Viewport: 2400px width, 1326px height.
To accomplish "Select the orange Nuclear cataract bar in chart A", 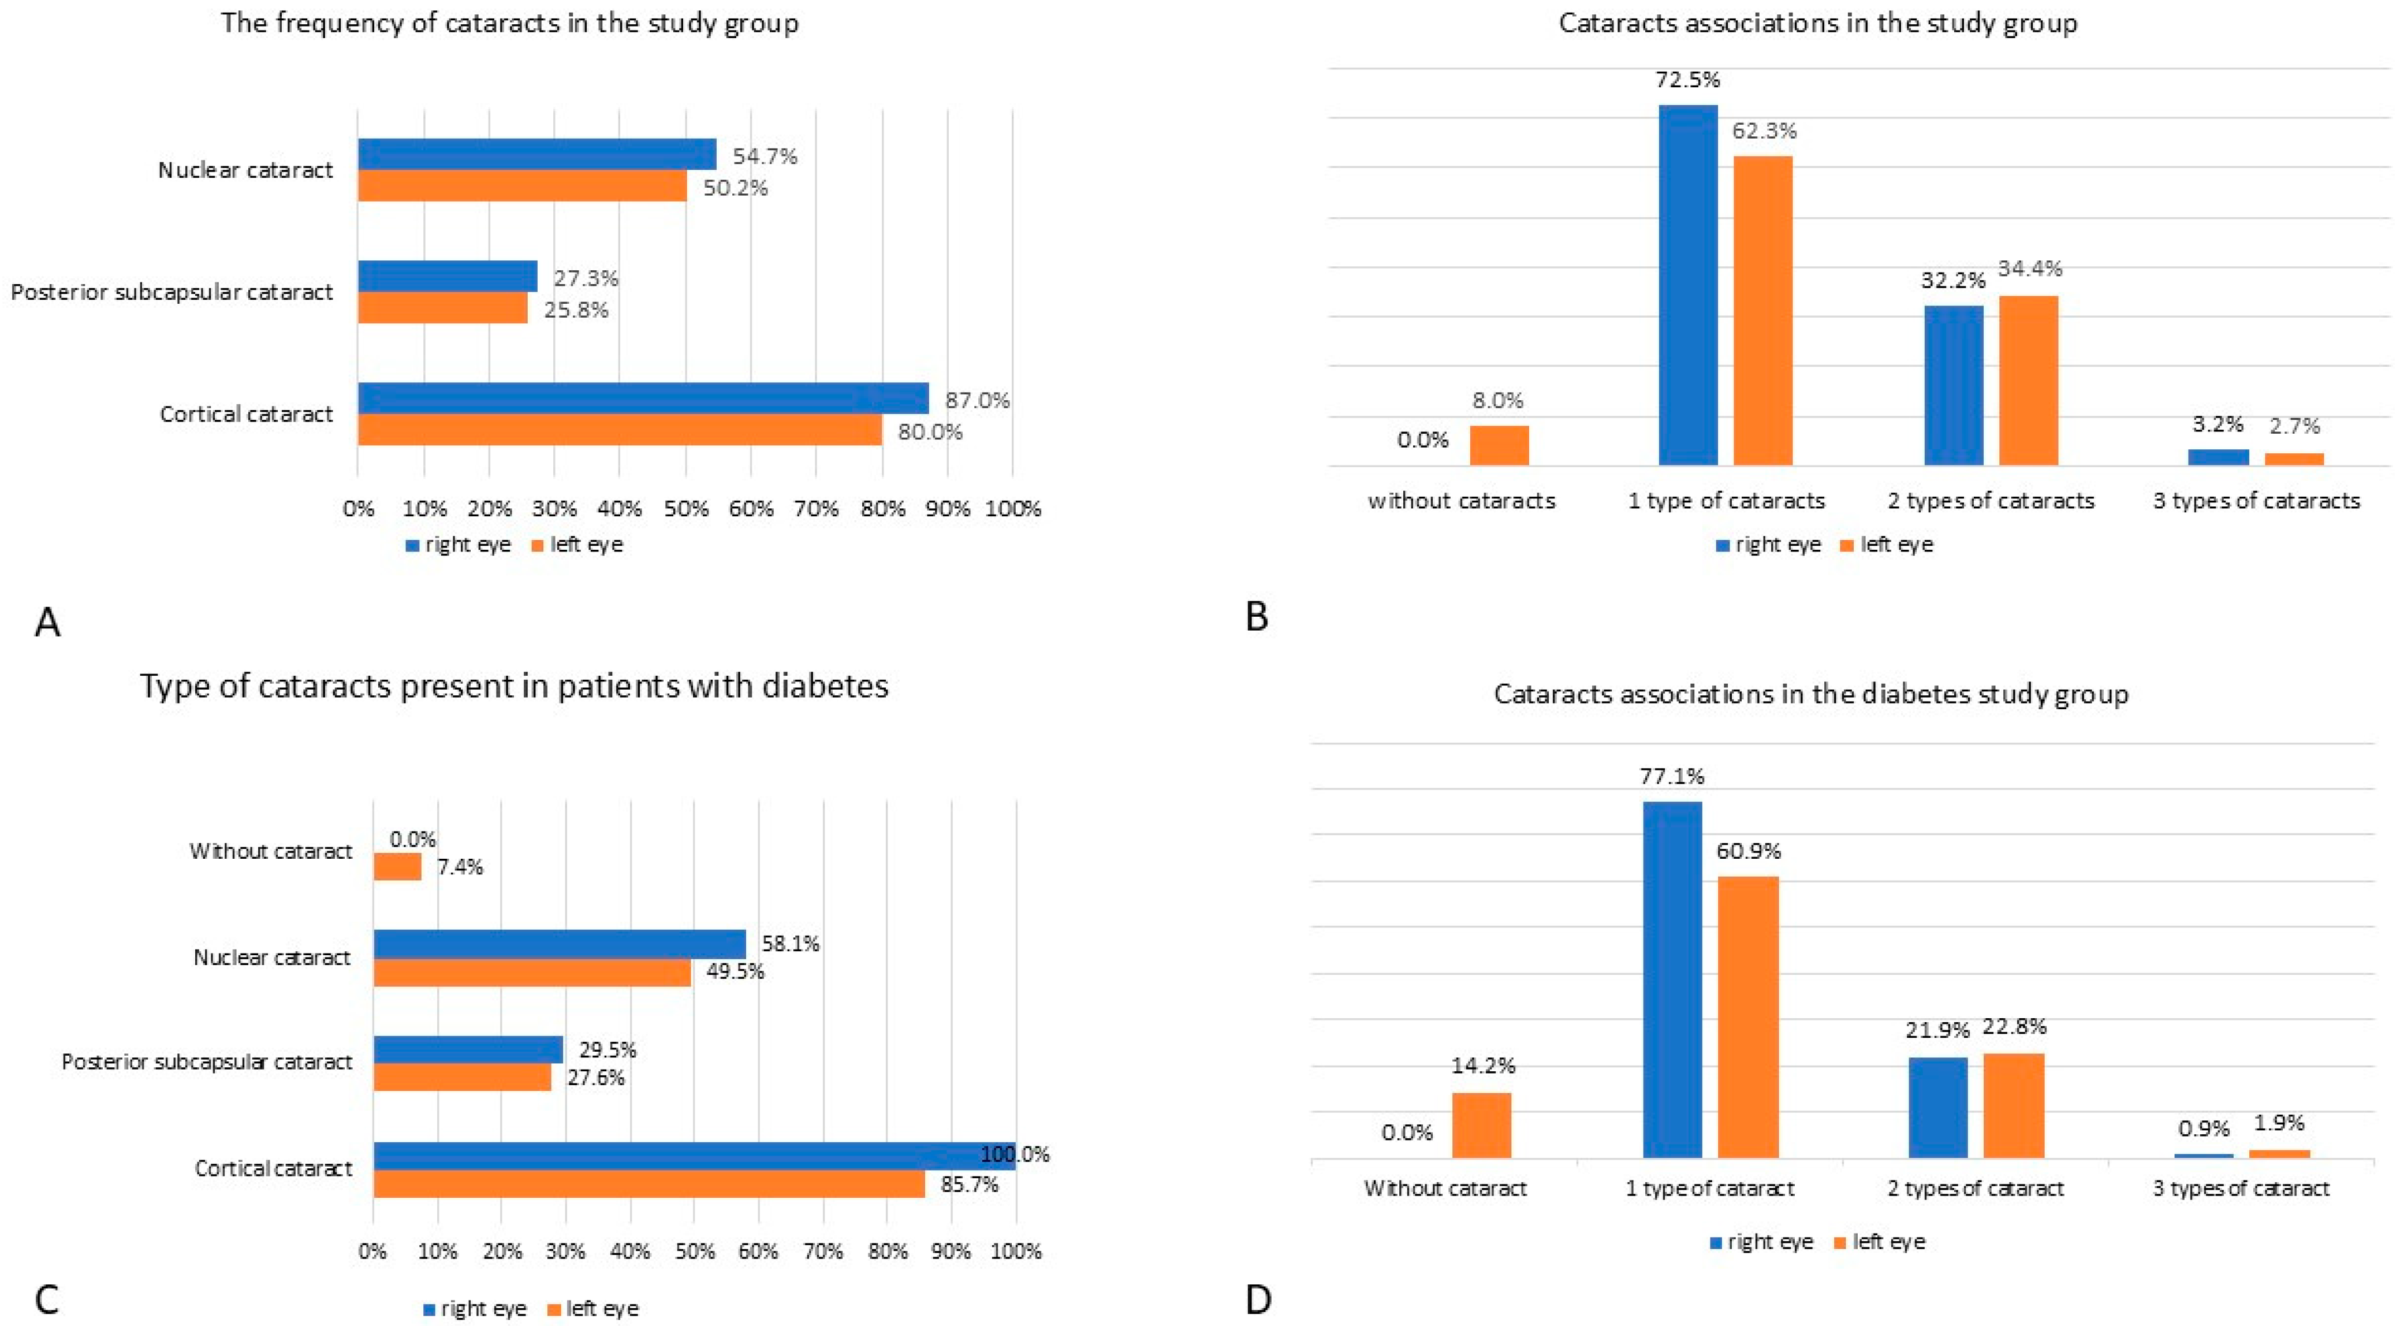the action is click(x=523, y=185).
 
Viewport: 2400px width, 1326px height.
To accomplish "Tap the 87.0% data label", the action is click(x=977, y=401).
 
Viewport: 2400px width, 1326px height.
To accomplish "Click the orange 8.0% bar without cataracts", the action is click(x=1499, y=445).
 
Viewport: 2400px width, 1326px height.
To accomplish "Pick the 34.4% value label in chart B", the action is click(x=2029, y=269).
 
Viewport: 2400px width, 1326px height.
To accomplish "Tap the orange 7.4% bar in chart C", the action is click(x=398, y=867).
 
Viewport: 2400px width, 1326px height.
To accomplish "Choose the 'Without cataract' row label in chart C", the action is click(x=271, y=851).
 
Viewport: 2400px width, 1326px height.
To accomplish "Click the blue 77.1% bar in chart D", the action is click(x=1672, y=980).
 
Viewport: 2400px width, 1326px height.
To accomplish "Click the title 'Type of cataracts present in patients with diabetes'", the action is click(x=515, y=687).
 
